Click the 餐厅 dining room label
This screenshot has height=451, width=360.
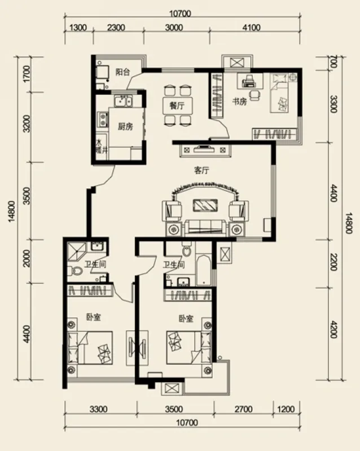click(x=177, y=105)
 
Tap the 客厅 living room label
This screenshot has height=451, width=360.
click(x=201, y=171)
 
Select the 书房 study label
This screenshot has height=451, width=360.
click(x=240, y=101)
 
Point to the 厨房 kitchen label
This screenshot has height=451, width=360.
click(x=125, y=126)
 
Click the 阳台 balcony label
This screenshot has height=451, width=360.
click(x=122, y=72)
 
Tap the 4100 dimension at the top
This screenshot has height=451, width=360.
click(x=252, y=28)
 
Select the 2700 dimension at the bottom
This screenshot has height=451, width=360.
click(x=244, y=409)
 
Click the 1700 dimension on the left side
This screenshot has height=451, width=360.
click(x=27, y=74)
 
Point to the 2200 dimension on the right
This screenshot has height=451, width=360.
click(x=333, y=262)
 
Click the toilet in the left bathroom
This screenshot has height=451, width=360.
click(x=76, y=271)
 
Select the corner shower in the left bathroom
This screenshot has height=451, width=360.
click(x=77, y=251)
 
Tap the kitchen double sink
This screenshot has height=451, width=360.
click(x=123, y=101)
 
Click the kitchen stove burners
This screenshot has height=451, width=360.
click(x=103, y=120)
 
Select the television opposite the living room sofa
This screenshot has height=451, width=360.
click(x=204, y=149)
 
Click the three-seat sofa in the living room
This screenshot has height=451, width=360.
click(x=205, y=227)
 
